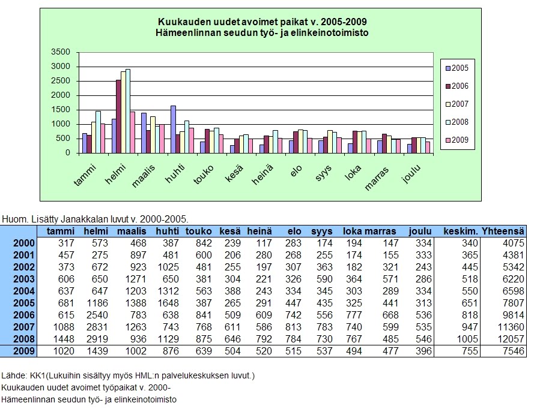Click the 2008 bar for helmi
coord(128,111)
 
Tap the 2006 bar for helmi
coord(118,116)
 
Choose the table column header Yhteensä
coord(505,231)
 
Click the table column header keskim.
coord(460,231)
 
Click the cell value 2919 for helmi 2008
coord(96,339)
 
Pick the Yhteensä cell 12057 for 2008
coord(511,339)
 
